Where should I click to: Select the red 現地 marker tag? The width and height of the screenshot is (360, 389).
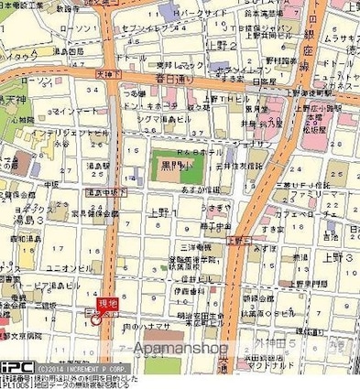point(107,303)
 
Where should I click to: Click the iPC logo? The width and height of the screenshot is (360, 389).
point(16,366)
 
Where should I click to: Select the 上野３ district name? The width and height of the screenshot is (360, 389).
point(338,260)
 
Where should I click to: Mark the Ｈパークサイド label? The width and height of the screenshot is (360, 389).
point(197,14)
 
